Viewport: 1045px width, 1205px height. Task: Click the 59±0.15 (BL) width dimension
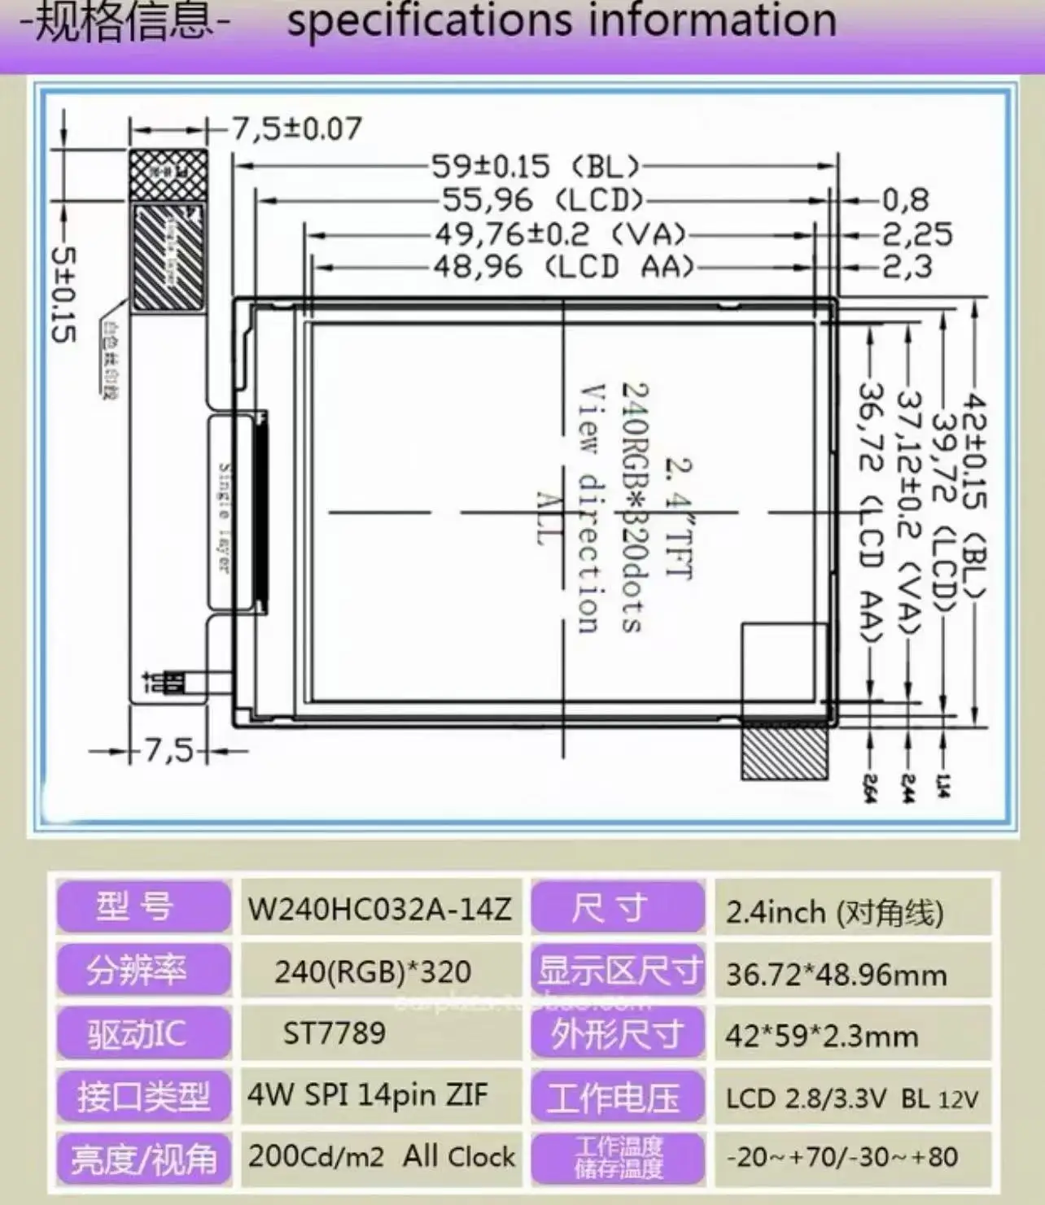[x=535, y=167]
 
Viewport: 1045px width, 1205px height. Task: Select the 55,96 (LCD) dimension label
[x=542, y=200]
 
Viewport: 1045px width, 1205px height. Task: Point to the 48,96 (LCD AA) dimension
[x=562, y=267]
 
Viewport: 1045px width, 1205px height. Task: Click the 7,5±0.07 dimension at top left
[x=297, y=129]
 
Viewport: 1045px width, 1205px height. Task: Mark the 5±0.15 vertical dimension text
[x=63, y=294]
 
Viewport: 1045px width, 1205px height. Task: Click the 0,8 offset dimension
[x=906, y=200]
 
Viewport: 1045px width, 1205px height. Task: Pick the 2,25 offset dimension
[x=917, y=234]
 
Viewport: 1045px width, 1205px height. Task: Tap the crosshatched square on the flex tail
[x=168, y=174]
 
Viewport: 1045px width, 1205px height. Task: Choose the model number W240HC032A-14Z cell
[x=380, y=908]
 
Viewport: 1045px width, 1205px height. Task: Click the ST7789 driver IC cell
[x=334, y=1033]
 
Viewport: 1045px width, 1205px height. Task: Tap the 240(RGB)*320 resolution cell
[x=373, y=971]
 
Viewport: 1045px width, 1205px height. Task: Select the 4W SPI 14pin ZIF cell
[x=368, y=1095]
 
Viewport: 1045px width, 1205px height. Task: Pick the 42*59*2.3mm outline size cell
[x=822, y=1036]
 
